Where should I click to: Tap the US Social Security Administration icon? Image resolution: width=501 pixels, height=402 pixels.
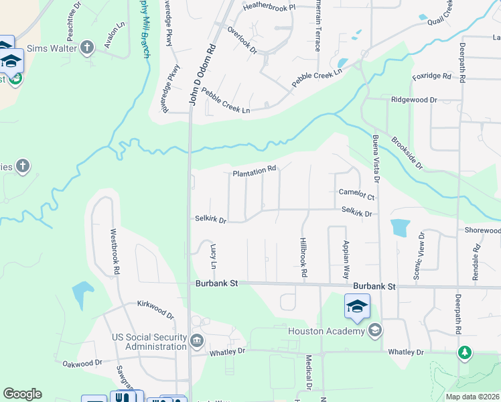(197, 340)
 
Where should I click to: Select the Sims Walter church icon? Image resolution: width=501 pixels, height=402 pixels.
(87, 47)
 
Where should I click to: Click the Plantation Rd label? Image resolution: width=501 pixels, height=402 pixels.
(255, 173)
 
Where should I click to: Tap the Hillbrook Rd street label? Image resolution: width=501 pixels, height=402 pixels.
(303, 257)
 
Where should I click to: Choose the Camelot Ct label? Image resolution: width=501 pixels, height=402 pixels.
(356, 194)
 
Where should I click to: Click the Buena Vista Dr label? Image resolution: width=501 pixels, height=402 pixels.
(376, 161)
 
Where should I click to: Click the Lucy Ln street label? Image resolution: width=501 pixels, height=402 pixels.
(214, 257)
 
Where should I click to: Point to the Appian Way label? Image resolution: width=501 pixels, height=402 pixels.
(346, 259)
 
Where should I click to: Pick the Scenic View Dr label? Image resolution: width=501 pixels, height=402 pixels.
(419, 256)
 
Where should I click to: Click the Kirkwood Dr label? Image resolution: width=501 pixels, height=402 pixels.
(155, 310)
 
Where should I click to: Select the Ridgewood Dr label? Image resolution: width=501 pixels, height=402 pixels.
(414, 100)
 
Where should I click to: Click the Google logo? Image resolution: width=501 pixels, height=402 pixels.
(22, 394)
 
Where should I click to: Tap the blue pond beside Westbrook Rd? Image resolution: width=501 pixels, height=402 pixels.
(81, 292)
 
